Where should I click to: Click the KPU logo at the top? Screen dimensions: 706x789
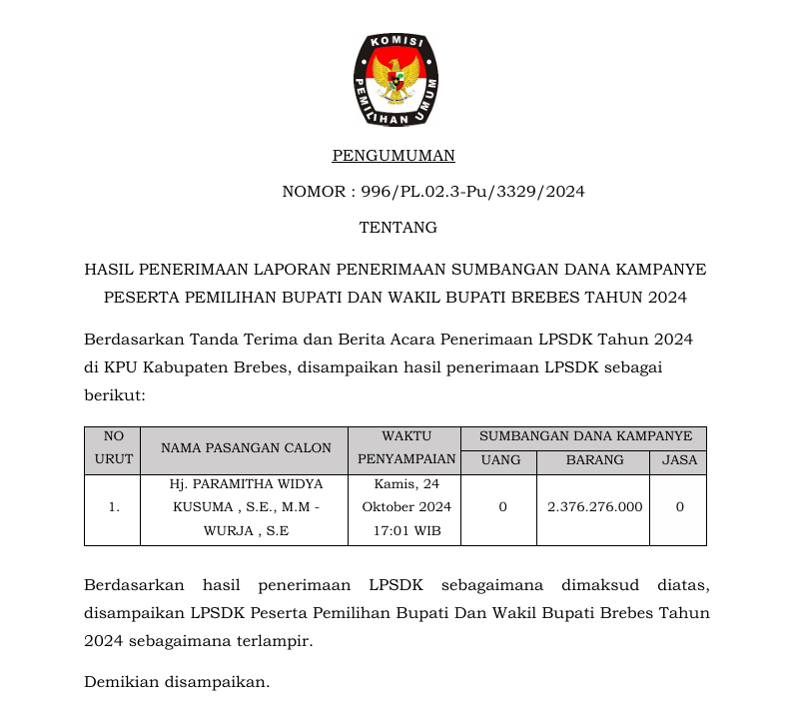click(x=394, y=80)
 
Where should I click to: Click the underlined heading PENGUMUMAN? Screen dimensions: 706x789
click(x=394, y=156)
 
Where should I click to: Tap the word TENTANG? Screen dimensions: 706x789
click(x=397, y=228)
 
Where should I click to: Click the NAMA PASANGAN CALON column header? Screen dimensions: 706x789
click(x=246, y=448)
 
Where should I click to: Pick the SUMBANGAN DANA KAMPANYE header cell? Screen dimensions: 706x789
click(x=585, y=436)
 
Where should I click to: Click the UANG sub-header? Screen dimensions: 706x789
click(x=500, y=460)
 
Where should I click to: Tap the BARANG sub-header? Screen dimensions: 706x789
click(x=594, y=460)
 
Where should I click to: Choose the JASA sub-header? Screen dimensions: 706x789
click(x=679, y=460)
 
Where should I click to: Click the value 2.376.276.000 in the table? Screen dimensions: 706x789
click(x=595, y=507)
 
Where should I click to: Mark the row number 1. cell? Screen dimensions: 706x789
click(x=113, y=507)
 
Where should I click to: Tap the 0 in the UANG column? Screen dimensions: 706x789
click(x=502, y=507)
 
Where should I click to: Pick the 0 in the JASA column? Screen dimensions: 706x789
click(x=679, y=507)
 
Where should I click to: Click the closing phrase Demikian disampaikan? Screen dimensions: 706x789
click(x=177, y=683)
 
